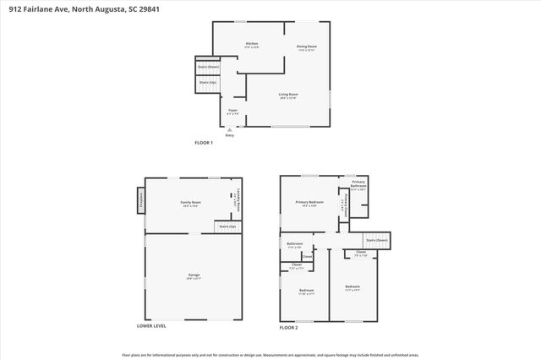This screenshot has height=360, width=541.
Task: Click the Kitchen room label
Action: click(x=251, y=45)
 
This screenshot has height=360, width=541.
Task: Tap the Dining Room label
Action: click(x=306, y=48)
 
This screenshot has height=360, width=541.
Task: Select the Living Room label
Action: click(x=289, y=95)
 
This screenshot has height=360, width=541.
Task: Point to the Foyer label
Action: click(x=232, y=112)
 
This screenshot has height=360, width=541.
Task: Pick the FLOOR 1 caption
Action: click(x=204, y=143)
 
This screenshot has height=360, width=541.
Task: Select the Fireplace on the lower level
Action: click(x=140, y=201)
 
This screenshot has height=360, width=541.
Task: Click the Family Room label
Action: click(x=190, y=204)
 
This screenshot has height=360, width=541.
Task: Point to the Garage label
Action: click(x=194, y=275)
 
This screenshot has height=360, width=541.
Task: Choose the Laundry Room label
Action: click(x=238, y=199)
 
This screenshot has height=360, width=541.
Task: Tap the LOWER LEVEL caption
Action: click(x=151, y=325)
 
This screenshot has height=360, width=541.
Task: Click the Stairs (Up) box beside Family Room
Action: click(x=227, y=226)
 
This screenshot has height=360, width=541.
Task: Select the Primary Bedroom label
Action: click(x=310, y=204)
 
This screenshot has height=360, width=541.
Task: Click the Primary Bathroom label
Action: click(x=358, y=186)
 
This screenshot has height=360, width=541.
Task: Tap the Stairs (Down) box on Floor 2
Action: click(x=376, y=240)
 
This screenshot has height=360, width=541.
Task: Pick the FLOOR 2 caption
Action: click(x=289, y=326)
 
